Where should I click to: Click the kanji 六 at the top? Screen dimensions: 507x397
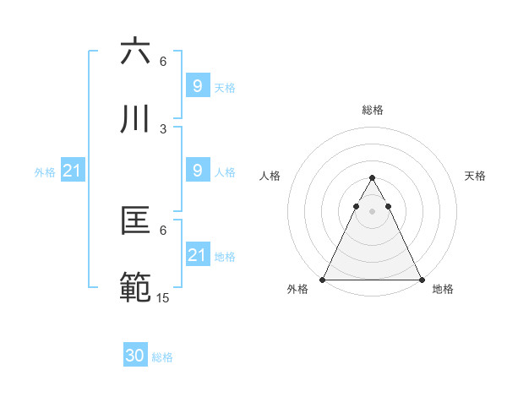(x=135, y=52)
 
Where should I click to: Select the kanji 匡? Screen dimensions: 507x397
(x=135, y=222)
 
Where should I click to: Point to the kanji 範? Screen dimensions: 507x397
(x=135, y=288)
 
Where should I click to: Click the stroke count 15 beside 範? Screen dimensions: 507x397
(x=164, y=297)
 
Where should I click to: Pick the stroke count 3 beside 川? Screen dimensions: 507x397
(x=163, y=128)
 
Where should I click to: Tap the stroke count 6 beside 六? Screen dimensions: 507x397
(x=163, y=62)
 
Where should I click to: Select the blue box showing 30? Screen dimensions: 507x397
(x=135, y=356)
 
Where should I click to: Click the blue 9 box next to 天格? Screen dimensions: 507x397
(x=197, y=85)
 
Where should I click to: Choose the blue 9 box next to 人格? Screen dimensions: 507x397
(x=197, y=171)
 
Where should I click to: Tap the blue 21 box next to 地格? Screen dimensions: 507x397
(x=197, y=255)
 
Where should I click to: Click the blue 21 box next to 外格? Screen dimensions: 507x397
(x=73, y=171)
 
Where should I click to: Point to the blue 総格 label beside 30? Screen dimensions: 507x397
(x=162, y=357)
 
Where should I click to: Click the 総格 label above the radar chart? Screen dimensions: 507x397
(x=372, y=110)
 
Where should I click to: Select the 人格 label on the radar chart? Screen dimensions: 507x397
(x=271, y=176)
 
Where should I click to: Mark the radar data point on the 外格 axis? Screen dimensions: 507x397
(x=323, y=280)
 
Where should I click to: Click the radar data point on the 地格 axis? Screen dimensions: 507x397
(x=421, y=280)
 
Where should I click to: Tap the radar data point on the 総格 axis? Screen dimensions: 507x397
(x=372, y=178)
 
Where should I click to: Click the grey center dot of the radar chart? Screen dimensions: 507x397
(x=372, y=211)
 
